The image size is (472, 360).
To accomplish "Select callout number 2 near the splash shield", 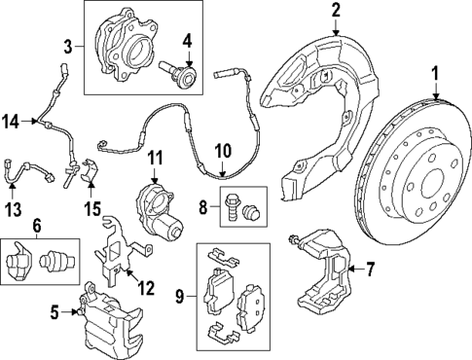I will point(335,11).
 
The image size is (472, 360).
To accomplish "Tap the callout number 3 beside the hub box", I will point(68,46).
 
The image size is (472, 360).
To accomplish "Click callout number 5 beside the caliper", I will point(54,312).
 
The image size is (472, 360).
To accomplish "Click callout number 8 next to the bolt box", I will point(202,207).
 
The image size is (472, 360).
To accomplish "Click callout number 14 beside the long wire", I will point(11,121).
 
